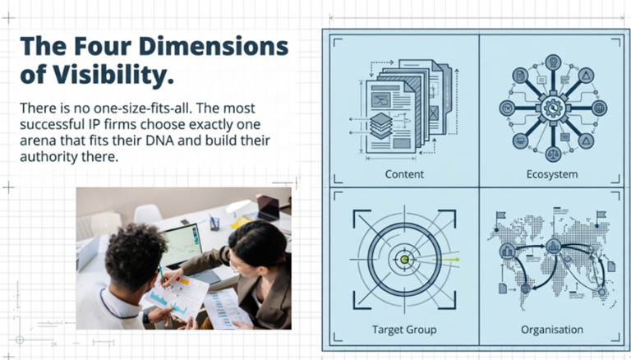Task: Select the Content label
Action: (x=404, y=174)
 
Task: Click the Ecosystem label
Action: (x=552, y=174)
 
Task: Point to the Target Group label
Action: (x=404, y=330)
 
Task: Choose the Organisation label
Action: (x=552, y=330)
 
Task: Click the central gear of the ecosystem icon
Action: (x=553, y=108)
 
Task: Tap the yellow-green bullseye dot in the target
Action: (x=405, y=260)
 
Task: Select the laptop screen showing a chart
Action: (x=181, y=244)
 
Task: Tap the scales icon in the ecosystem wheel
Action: (x=553, y=154)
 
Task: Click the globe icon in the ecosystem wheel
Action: (x=599, y=108)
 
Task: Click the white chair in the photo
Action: (x=148, y=214)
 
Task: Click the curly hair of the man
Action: (x=135, y=256)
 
